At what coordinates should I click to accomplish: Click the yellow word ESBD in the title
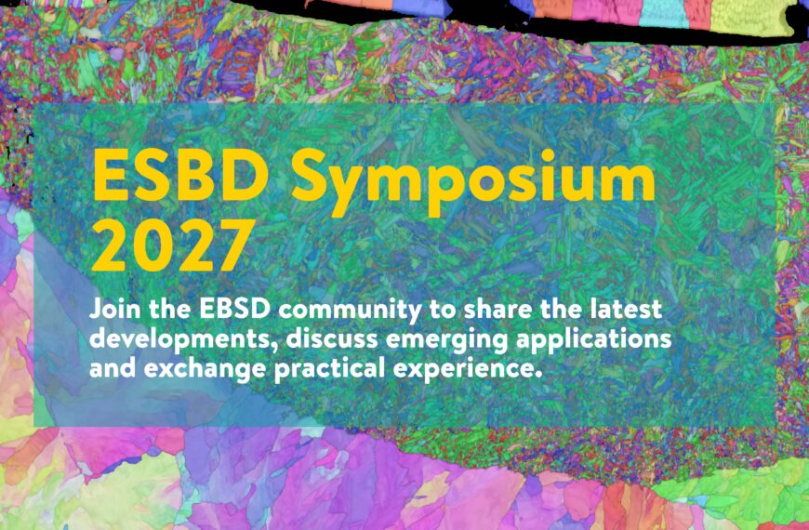(x=180, y=176)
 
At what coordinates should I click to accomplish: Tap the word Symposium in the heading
(x=472, y=182)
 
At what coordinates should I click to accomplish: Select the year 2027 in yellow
(x=173, y=245)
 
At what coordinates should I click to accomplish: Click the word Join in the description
(x=115, y=309)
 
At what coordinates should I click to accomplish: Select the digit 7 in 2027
(x=236, y=245)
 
